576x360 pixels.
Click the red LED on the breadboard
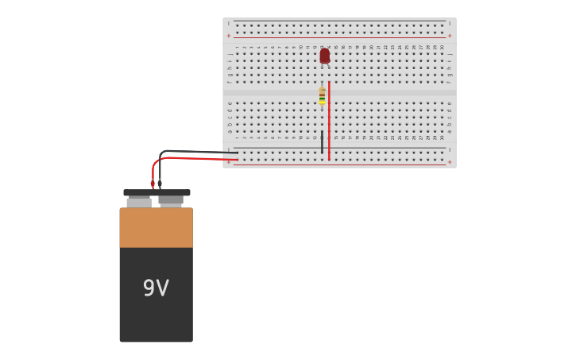click(x=324, y=56)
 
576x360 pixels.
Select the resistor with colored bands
click(x=322, y=95)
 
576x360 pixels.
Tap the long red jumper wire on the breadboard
click(x=329, y=119)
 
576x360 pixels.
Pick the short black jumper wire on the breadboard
click(x=322, y=141)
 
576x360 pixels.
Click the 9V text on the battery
click(x=156, y=288)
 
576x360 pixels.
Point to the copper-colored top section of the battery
click(x=156, y=227)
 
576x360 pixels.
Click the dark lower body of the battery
click(x=156, y=318)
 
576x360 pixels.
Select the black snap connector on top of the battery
click(x=157, y=192)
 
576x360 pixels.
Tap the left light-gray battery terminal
click(x=139, y=203)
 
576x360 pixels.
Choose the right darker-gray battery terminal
click(x=171, y=201)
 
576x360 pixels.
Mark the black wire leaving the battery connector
click(x=191, y=151)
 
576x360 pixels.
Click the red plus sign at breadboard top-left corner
click(x=229, y=35)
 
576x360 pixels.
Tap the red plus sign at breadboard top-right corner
click(x=450, y=35)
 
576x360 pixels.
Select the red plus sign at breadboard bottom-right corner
click(x=450, y=162)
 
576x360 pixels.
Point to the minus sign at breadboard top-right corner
click(x=450, y=24)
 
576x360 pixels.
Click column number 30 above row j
click(x=443, y=47)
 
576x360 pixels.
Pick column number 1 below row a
click(x=237, y=137)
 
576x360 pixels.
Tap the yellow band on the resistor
click(x=322, y=101)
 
